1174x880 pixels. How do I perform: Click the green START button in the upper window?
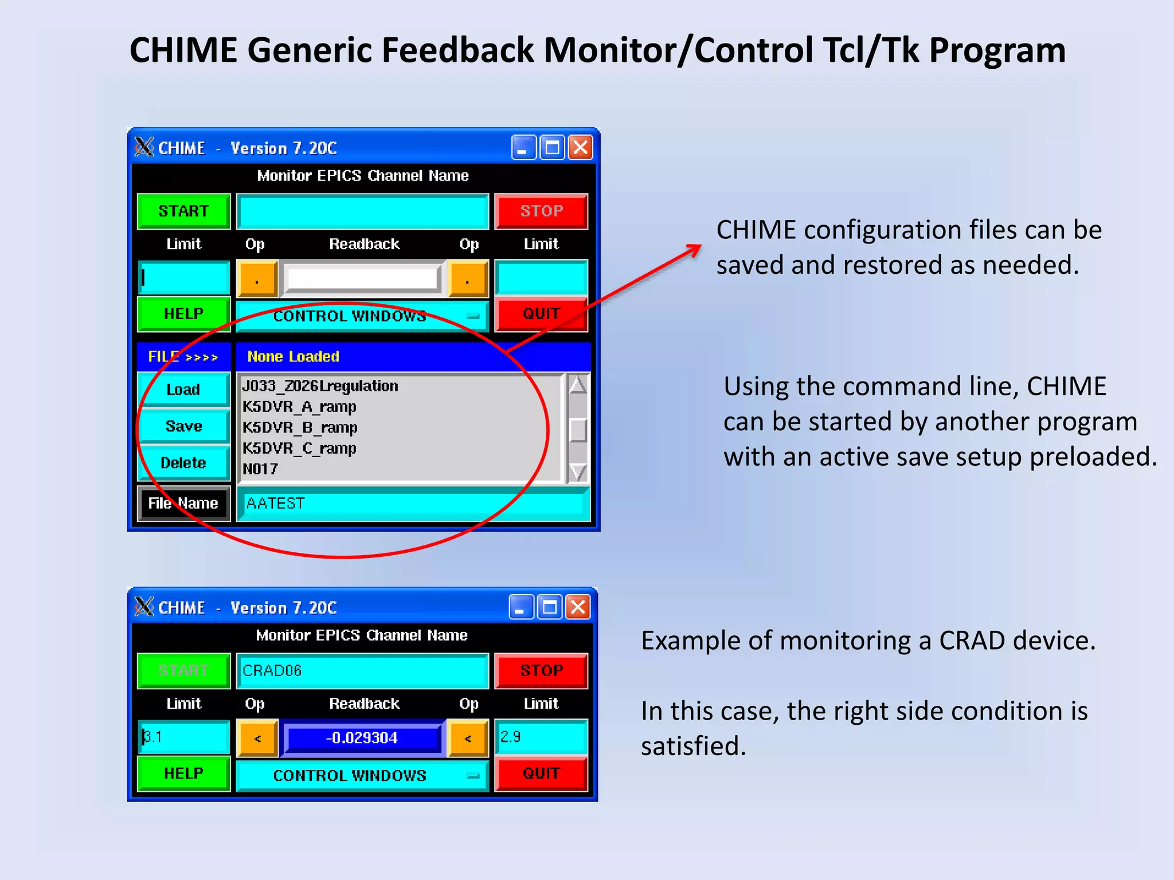(183, 211)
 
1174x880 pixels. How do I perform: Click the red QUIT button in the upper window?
(541, 314)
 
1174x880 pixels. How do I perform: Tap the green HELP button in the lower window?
(183, 773)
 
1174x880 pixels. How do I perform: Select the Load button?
(183, 390)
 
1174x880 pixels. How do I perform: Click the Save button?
(183, 426)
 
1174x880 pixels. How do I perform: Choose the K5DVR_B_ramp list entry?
(300, 427)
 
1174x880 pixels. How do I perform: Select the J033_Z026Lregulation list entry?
(320, 386)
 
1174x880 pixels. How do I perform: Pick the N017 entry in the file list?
(260, 469)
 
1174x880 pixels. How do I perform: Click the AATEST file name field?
(413, 504)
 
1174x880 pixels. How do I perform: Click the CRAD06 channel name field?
(362, 670)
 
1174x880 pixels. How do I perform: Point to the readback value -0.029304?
(362, 738)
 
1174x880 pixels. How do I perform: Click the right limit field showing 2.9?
(541, 737)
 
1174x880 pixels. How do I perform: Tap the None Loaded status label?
(293, 356)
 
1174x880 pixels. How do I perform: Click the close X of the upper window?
(581, 148)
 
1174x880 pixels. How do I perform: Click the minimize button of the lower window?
(521, 607)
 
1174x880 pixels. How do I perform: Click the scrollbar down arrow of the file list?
(578, 472)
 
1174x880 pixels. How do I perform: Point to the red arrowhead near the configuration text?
(695, 249)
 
